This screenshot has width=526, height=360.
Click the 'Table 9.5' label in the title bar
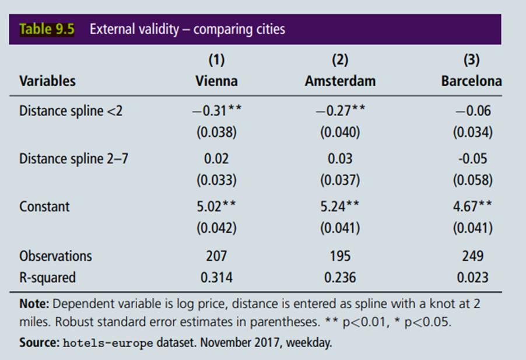47,29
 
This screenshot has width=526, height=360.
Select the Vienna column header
216,81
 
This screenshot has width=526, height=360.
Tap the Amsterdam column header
340,81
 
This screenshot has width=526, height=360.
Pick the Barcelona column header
471,81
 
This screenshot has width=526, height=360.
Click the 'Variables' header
47,81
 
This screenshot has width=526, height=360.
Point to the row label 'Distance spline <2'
71,111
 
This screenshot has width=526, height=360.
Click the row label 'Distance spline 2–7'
73,159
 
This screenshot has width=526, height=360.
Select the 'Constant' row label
44,207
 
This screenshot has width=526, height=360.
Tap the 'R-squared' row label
47,277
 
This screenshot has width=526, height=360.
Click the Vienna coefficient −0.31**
216,111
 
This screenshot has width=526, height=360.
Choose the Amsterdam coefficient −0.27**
340,111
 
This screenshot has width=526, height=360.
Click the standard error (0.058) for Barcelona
472,180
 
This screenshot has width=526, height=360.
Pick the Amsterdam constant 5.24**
340,207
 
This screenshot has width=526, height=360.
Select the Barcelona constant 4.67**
472,207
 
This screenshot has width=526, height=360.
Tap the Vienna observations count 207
216,256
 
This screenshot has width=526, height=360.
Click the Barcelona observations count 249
472,256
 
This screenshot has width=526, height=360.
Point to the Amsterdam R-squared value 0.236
340,277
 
